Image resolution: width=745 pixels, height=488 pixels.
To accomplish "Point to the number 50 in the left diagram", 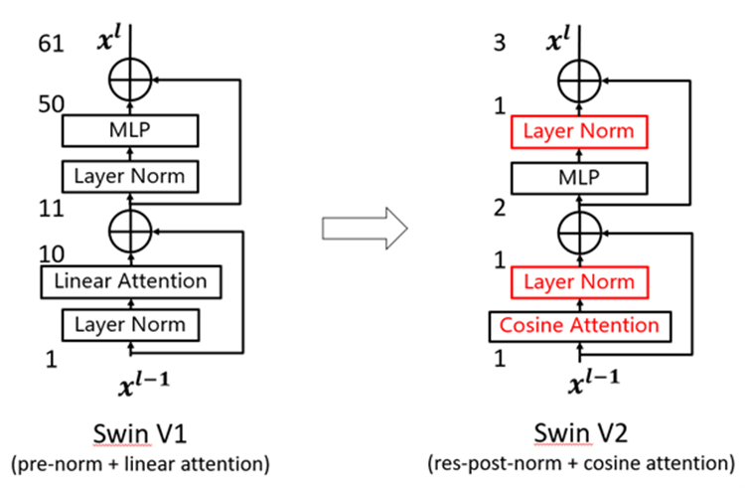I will click(x=50, y=104).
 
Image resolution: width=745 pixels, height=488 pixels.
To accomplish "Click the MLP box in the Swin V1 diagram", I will click(x=130, y=130).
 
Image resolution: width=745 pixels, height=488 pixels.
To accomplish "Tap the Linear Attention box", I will click(x=130, y=281).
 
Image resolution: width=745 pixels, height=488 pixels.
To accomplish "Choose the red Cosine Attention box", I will click(x=579, y=325).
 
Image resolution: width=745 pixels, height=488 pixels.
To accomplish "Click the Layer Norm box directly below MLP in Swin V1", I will click(x=130, y=177).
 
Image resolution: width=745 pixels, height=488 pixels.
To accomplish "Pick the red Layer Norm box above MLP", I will click(x=579, y=131).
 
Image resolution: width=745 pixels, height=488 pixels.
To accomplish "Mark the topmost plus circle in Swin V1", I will click(x=130, y=78).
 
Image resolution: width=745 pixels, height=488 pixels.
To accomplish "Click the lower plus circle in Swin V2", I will click(x=580, y=231).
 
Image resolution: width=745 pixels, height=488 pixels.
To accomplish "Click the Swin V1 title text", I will click(x=130, y=433).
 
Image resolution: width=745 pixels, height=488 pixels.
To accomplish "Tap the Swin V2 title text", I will click(x=580, y=433).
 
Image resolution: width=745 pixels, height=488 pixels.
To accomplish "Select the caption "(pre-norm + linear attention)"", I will click(x=130, y=462).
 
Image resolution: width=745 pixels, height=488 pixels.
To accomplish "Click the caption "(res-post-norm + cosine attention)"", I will click(x=580, y=462).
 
